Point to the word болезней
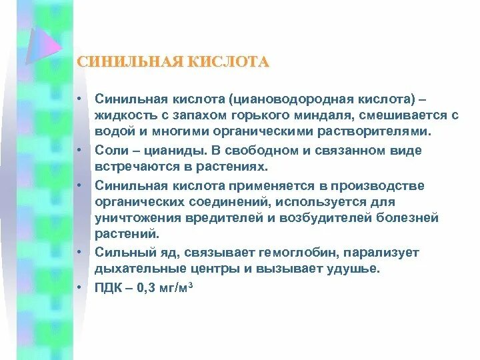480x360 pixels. (397, 218)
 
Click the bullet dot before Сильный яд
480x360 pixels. (79, 253)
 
